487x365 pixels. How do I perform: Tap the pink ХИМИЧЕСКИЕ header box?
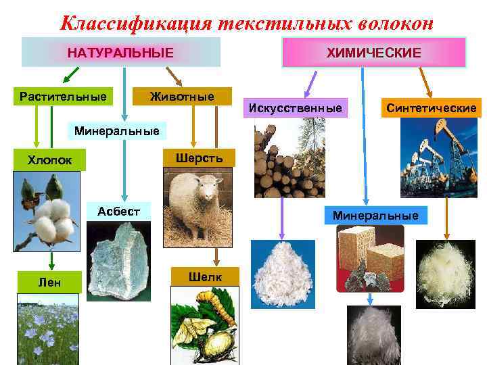373,52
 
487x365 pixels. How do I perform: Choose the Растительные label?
62,97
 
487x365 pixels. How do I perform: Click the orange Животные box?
181,97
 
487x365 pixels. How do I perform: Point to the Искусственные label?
296,107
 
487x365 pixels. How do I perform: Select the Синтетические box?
431,107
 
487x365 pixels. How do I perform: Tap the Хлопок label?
49,160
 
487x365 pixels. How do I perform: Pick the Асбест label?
118,211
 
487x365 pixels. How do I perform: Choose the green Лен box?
49,282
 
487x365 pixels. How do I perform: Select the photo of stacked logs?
289,162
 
